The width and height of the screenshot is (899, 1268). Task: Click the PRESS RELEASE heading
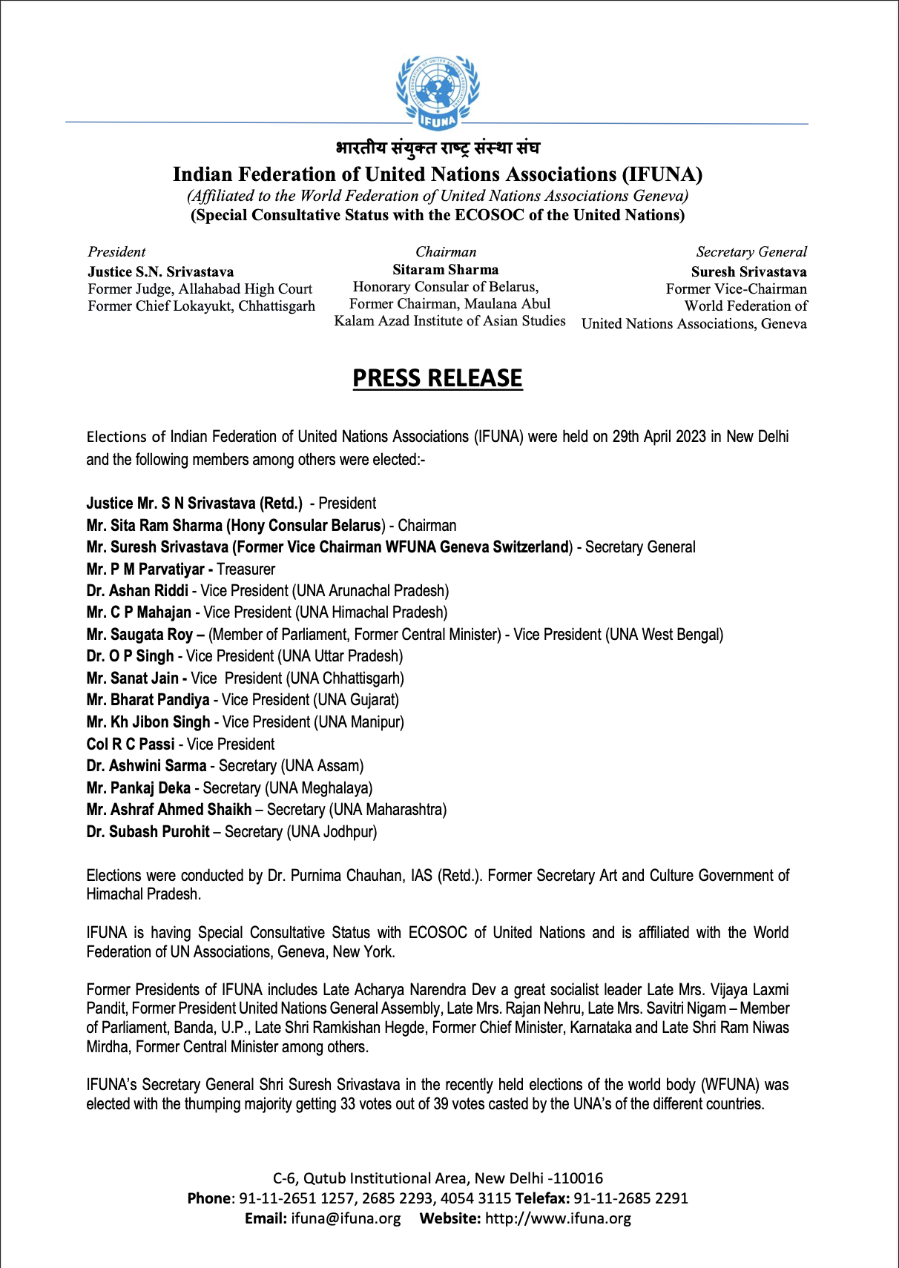(438, 378)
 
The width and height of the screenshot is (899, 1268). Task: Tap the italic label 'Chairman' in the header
(446, 252)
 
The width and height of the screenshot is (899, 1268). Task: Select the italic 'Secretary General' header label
(751, 252)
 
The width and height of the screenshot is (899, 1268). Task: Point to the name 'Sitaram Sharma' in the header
(445, 270)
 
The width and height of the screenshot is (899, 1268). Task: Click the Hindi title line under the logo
(438, 148)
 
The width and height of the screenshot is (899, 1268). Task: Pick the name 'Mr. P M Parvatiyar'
(145, 569)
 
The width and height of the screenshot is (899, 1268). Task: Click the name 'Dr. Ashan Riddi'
(137, 591)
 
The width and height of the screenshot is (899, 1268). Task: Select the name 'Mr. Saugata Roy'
(140, 635)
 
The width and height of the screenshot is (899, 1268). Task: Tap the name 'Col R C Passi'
(131, 744)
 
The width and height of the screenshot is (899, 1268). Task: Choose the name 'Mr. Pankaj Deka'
(139, 788)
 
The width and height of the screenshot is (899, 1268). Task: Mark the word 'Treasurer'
(246, 569)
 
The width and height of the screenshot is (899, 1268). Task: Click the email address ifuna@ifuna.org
(346, 1218)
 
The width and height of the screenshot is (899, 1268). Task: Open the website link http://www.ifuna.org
(558, 1218)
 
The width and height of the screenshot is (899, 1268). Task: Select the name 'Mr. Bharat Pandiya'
(148, 700)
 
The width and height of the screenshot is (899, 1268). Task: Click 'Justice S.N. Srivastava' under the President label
(161, 272)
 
